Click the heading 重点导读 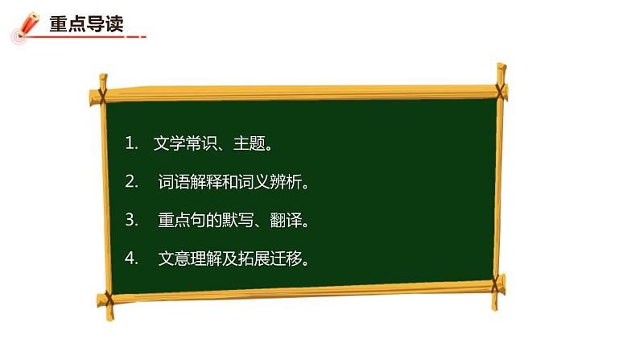pos(86,24)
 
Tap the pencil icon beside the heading pos(27,26)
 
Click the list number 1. pos(131,144)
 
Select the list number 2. pos(132,183)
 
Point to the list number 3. pos(132,220)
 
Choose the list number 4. pos(132,259)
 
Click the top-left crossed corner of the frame pos(101,89)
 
